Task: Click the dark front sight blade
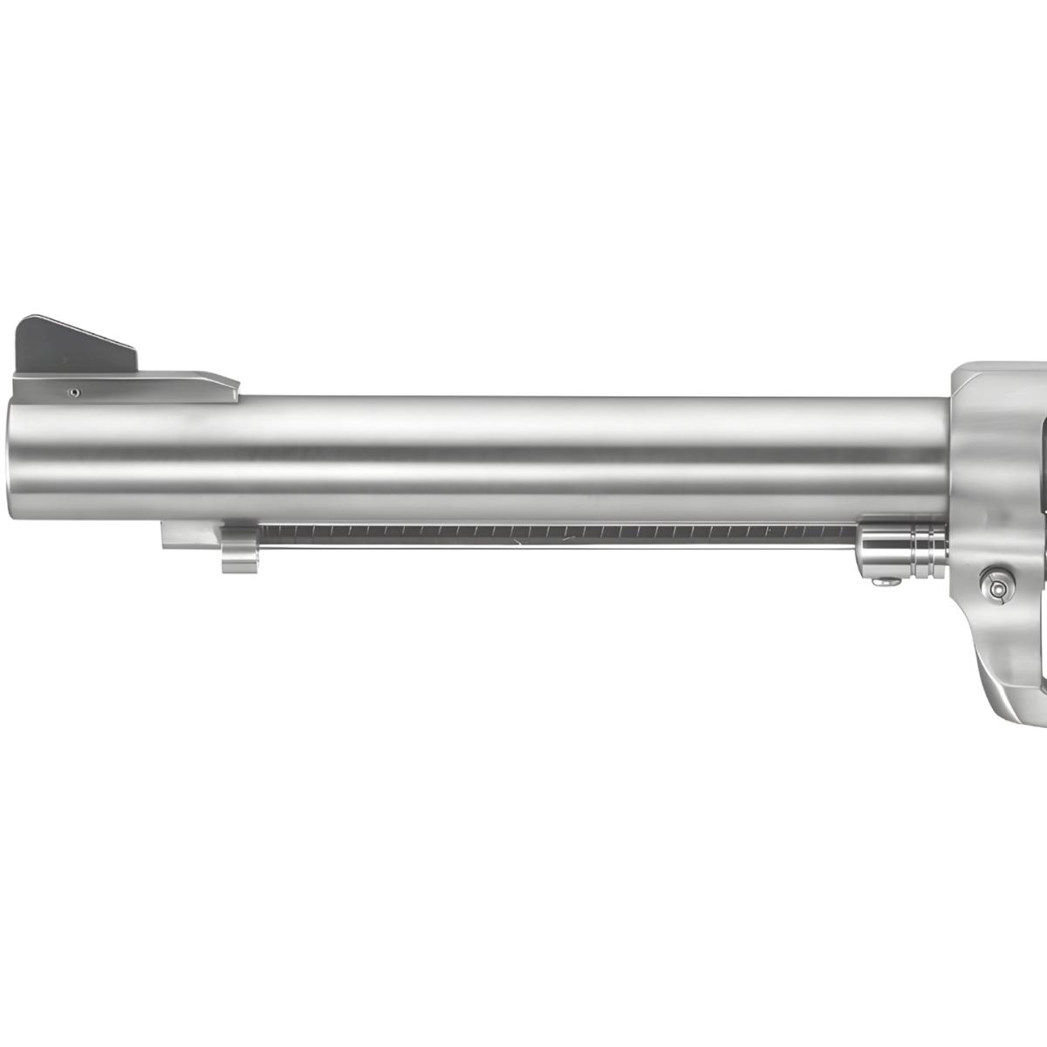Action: click(x=70, y=346)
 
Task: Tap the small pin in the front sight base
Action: click(x=75, y=393)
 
